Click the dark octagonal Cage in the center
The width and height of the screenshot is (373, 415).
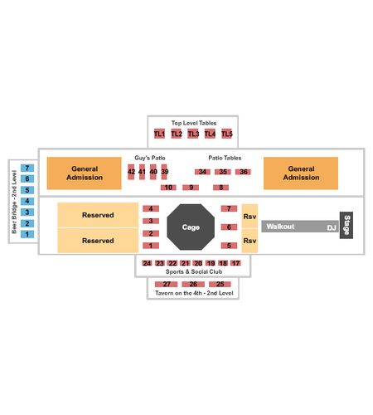[x=191, y=227]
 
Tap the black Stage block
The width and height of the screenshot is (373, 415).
[x=346, y=225]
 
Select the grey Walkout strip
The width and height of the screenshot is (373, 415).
[x=300, y=227]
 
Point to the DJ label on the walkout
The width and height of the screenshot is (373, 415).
[x=332, y=228]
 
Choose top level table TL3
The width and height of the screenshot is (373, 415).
[x=193, y=134]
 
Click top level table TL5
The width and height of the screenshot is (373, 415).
[x=227, y=134]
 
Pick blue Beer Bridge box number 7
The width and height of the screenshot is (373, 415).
[x=27, y=168]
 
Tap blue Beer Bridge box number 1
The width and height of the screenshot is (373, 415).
[x=27, y=234]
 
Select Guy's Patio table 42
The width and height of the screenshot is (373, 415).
[x=131, y=172]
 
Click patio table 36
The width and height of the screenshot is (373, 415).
[x=243, y=172]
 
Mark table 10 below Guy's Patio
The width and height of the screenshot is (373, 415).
[x=168, y=188]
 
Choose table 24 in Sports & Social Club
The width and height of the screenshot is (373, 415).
[x=147, y=263]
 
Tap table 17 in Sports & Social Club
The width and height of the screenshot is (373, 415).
[x=235, y=263]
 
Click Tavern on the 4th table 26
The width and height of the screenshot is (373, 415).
[x=193, y=284]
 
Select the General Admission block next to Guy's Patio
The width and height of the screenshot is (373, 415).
[x=85, y=173]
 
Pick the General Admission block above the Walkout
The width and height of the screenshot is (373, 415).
[x=301, y=173]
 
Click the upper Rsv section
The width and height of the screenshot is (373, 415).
[x=249, y=217]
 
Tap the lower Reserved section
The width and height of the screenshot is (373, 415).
[x=98, y=241]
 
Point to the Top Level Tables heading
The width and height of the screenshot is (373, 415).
[x=194, y=123]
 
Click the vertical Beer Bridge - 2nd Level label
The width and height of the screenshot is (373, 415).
[x=14, y=202]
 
